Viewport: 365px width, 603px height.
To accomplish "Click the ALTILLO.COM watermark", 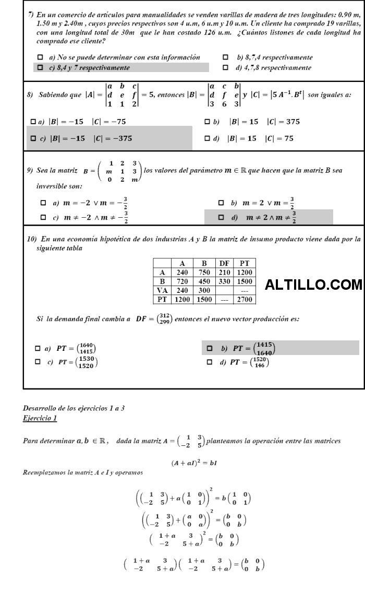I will point(313,285).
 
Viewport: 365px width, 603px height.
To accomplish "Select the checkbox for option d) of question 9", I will point(222,217).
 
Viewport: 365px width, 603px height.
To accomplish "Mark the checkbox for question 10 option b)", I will point(210,348).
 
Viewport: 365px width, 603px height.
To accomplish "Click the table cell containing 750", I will point(201,272).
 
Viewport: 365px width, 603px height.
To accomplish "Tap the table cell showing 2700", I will point(244,299).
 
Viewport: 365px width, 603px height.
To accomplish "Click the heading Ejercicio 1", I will point(41,418).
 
